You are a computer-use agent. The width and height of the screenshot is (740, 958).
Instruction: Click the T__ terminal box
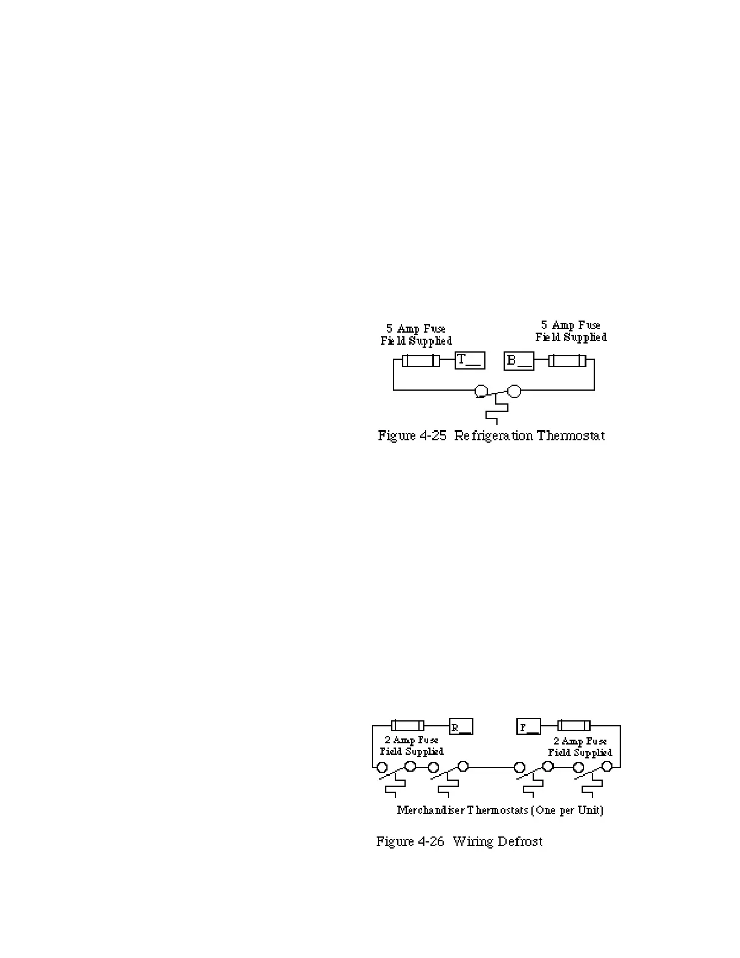(x=470, y=360)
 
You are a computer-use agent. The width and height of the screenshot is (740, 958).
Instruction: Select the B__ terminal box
(x=519, y=361)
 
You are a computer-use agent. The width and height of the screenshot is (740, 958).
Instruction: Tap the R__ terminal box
(x=461, y=726)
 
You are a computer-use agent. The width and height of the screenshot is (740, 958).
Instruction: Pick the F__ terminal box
(x=529, y=726)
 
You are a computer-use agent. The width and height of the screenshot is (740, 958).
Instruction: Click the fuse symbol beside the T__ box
(x=421, y=361)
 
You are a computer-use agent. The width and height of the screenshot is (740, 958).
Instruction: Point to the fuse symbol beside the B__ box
(x=567, y=361)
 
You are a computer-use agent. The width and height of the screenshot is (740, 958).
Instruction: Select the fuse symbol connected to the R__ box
(x=408, y=726)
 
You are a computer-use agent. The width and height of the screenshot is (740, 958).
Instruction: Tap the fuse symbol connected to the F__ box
(x=574, y=725)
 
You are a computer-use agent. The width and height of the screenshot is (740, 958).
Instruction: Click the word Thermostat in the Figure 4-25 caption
(x=571, y=435)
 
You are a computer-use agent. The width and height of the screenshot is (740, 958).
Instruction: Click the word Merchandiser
(x=430, y=810)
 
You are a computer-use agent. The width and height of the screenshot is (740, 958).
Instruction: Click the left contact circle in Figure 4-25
(x=481, y=391)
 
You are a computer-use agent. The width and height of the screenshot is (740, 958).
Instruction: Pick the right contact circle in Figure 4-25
(x=514, y=391)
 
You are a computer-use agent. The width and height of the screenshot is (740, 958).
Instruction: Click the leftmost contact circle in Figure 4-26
(x=382, y=767)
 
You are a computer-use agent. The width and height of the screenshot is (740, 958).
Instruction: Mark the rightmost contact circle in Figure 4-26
(x=607, y=767)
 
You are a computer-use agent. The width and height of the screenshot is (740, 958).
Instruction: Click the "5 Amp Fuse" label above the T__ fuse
(x=416, y=328)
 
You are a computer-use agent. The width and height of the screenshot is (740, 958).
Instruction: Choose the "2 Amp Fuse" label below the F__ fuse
(x=580, y=741)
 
